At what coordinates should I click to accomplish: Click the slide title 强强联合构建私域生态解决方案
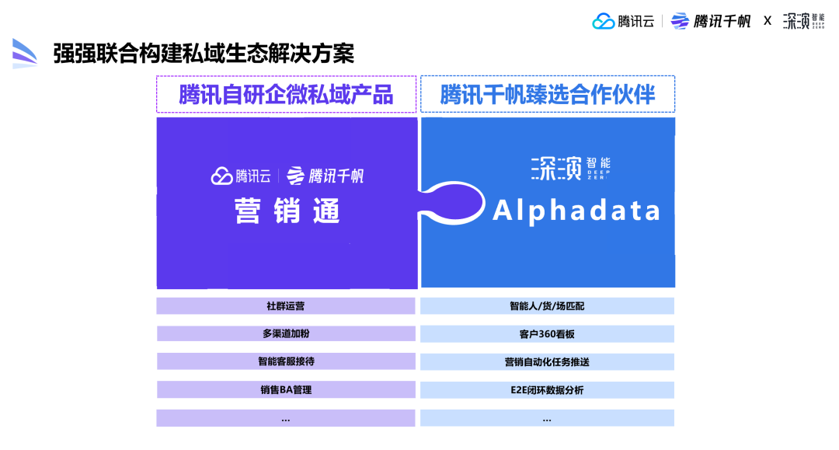coord(204,54)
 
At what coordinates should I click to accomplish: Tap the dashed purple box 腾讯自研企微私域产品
coord(286,94)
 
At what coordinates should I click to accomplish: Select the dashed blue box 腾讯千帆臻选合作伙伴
coord(547,94)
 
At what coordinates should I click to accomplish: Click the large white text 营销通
coord(287,211)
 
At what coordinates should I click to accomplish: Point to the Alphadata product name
coord(576,211)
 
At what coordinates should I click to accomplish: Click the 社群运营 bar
coord(286,306)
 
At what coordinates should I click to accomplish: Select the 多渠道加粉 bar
coord(286,334)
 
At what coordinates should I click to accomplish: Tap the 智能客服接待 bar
coord(286,361)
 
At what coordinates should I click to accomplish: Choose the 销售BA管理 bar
coord(286,389)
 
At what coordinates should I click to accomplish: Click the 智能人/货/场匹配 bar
coord(547,306)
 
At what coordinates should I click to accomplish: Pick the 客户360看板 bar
coord(547,334)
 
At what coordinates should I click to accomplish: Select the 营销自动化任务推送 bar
coord(547,361)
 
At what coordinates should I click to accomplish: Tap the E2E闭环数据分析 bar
coord(547,389)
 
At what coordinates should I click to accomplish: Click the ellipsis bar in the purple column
coord(286,418)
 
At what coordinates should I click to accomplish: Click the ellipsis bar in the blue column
coord(547,418)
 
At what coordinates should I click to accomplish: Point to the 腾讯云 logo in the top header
coord(624,21)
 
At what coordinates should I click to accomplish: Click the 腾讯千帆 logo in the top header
coord(711,21)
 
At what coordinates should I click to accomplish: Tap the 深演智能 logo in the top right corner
coord(803,21)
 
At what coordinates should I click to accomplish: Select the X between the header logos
coord(768,21)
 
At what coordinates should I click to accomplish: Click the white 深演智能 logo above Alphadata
coord(570,168)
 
